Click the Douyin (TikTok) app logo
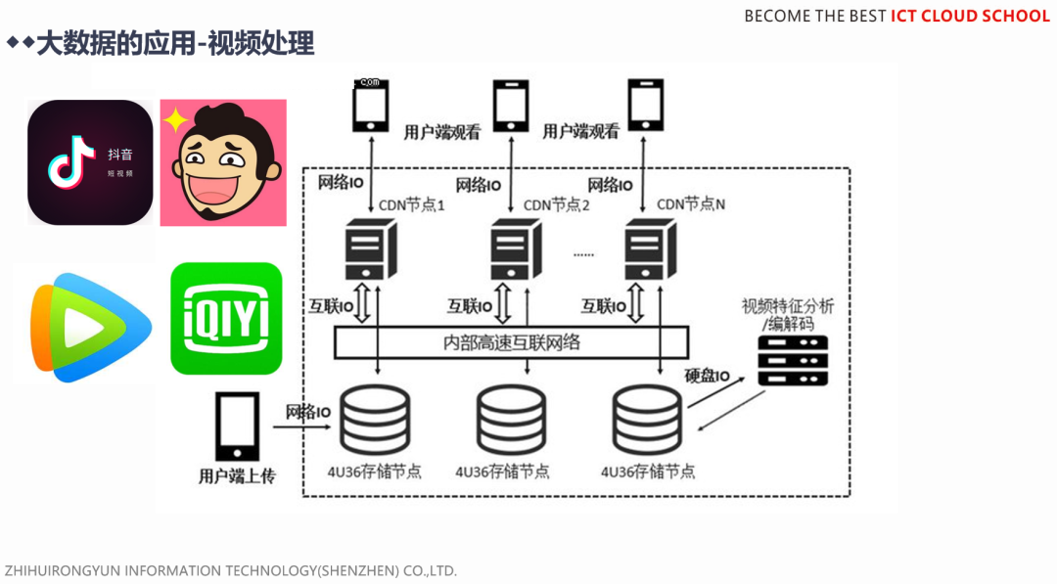(90, 162)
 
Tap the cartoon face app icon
(223, 162)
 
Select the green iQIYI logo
(226, 318)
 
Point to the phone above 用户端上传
(237, 427)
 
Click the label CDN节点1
(413, 204)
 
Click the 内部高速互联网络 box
(511, 342)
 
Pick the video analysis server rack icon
(794, 361)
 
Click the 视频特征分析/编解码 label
(788, 314)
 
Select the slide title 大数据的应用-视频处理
(175, 44)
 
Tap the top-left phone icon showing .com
(368, 105)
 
